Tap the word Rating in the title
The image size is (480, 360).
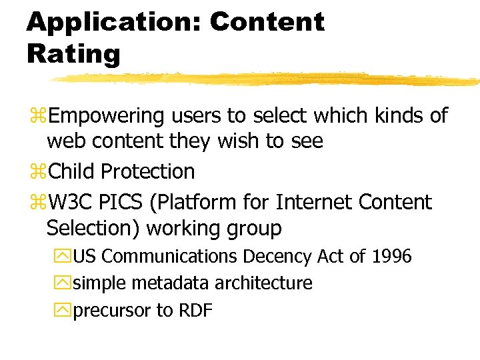click(73, 53)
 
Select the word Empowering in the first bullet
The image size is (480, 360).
click(106, 117)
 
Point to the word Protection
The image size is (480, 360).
click(147, 172)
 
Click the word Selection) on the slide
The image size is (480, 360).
click(93, 229)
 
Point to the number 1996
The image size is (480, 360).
click(392, 257)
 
